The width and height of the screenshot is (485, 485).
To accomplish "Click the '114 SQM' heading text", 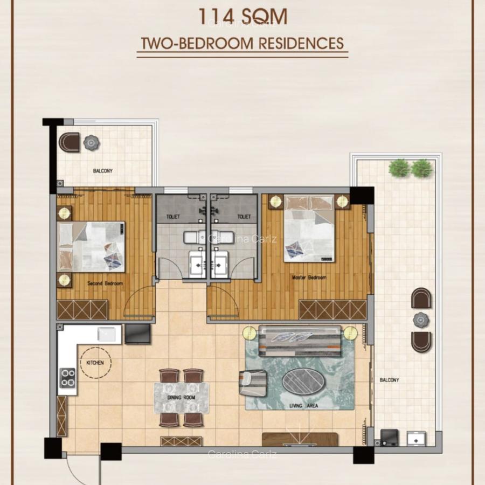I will click(x=242, y=16).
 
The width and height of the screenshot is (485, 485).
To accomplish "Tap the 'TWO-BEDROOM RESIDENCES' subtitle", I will click(x=242, y=43).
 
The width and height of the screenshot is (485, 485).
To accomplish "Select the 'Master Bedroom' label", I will click(x=309, y=278).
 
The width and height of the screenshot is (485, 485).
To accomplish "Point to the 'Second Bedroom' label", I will click(x=106, y=283).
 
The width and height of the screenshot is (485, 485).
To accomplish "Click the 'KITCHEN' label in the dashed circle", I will click(x=95, y=363).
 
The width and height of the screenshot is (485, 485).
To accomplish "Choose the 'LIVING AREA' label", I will click(x=304, y=405).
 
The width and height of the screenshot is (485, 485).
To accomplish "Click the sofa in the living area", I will click(x=300, y=341).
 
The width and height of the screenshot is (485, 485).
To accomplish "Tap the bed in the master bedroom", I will click(x=309, y=229).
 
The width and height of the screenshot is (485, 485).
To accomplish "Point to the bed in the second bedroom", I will click(x=91, y=246).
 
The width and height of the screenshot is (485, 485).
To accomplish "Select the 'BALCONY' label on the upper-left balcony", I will click(x=102, y=171).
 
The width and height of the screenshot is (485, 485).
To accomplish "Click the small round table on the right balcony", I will click(x=421, y=320).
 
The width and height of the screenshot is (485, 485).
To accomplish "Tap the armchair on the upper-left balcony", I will click(x=69, y=142).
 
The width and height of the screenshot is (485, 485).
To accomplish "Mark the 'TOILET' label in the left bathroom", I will click(x=172, y=217).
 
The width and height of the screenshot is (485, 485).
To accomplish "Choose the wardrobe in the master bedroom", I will click(x=332, y=309).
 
